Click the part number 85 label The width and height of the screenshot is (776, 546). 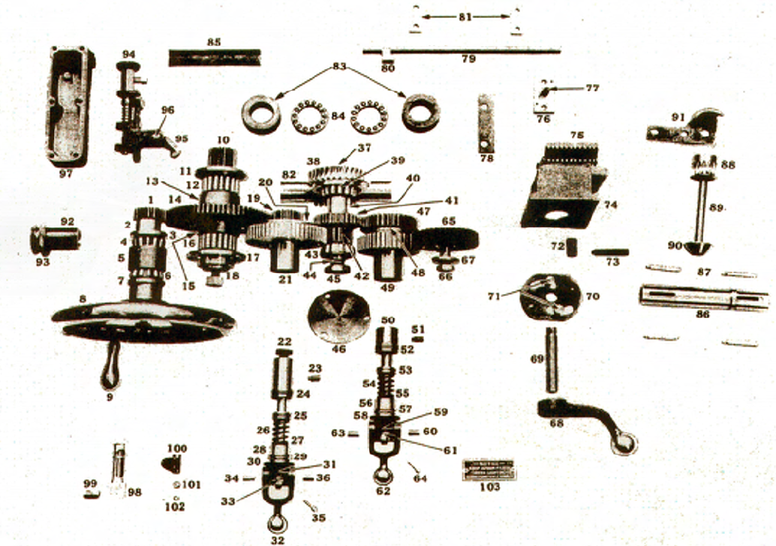tap(214, 42)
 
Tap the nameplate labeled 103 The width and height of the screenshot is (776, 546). tap(489, 469)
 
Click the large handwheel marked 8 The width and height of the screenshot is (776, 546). tap(143, 319)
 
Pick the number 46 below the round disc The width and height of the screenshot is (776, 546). tap(338, 349)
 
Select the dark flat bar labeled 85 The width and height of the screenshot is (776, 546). tap(214, 57)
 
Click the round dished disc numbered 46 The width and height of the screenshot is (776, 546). tap(338, 316)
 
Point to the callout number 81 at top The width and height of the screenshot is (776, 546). tap(465, 15)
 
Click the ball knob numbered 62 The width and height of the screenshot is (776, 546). tap(383, 475)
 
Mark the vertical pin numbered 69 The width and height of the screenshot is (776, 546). tap(552, 360)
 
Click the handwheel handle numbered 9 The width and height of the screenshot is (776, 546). tap(110, 365)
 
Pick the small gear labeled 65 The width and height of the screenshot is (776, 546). tap(449, 239)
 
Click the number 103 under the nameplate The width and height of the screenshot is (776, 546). tap(489, 487)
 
